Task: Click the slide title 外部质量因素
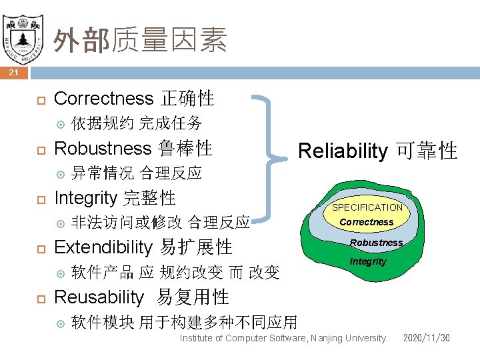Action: (140, 40)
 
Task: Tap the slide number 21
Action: (14, 73)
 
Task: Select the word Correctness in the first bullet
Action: (103, 99)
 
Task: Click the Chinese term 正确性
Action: (187, 99)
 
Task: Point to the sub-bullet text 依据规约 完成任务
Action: (136, 123)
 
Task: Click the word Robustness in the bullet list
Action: (103, 148)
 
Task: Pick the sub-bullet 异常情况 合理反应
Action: (136, 173)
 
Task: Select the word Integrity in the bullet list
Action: (85, 197)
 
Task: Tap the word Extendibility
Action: (104, 247)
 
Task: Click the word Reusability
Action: (99, 297)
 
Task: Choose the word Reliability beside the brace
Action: (342, 151)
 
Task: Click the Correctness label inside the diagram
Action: (367, 222)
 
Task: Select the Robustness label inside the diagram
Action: (376, 243)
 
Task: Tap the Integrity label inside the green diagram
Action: (368, 261)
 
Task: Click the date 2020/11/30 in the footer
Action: (426, 338)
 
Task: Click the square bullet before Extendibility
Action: (39, 248)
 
